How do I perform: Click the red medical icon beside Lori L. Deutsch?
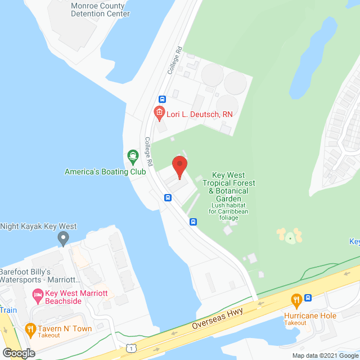[159, 114]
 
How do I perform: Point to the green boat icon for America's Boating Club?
[132, 155]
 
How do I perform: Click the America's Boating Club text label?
[105, 171]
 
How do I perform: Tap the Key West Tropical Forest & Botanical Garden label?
[228, 187]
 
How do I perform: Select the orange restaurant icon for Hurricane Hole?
[296, 300]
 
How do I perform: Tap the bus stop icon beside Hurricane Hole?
[308, 298]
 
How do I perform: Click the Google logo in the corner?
[18, 353]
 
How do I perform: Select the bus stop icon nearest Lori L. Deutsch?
[162, 99]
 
